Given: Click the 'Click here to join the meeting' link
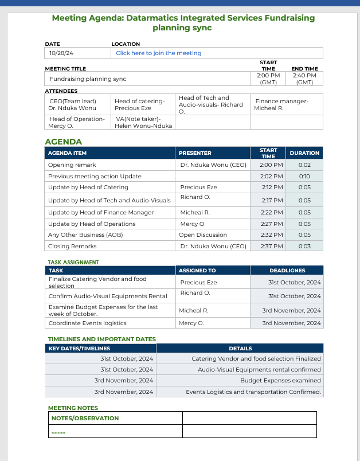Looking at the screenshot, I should click(158, 53).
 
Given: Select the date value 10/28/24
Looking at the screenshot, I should click(61, 53).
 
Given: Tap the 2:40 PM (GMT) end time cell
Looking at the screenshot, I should click(304, 79).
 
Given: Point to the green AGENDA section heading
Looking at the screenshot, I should click(64, 142).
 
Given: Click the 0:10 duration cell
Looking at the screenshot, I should click(304, 176).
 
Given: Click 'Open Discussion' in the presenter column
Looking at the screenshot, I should click(203, 235).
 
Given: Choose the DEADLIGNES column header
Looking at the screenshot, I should click(287, 270).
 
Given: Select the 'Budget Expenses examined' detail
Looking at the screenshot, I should click(280, 380).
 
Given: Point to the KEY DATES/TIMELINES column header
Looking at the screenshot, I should click(79, 348).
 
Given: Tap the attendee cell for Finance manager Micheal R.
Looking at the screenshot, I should click(281, 104).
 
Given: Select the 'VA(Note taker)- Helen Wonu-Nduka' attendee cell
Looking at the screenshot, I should click(143, 122).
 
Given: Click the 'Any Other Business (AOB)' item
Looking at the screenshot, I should click(85, 235).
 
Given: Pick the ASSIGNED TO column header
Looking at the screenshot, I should click(197, 270).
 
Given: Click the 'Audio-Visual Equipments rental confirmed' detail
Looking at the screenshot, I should click(259, 370).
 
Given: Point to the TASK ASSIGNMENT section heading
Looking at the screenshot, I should click(73, 262).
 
